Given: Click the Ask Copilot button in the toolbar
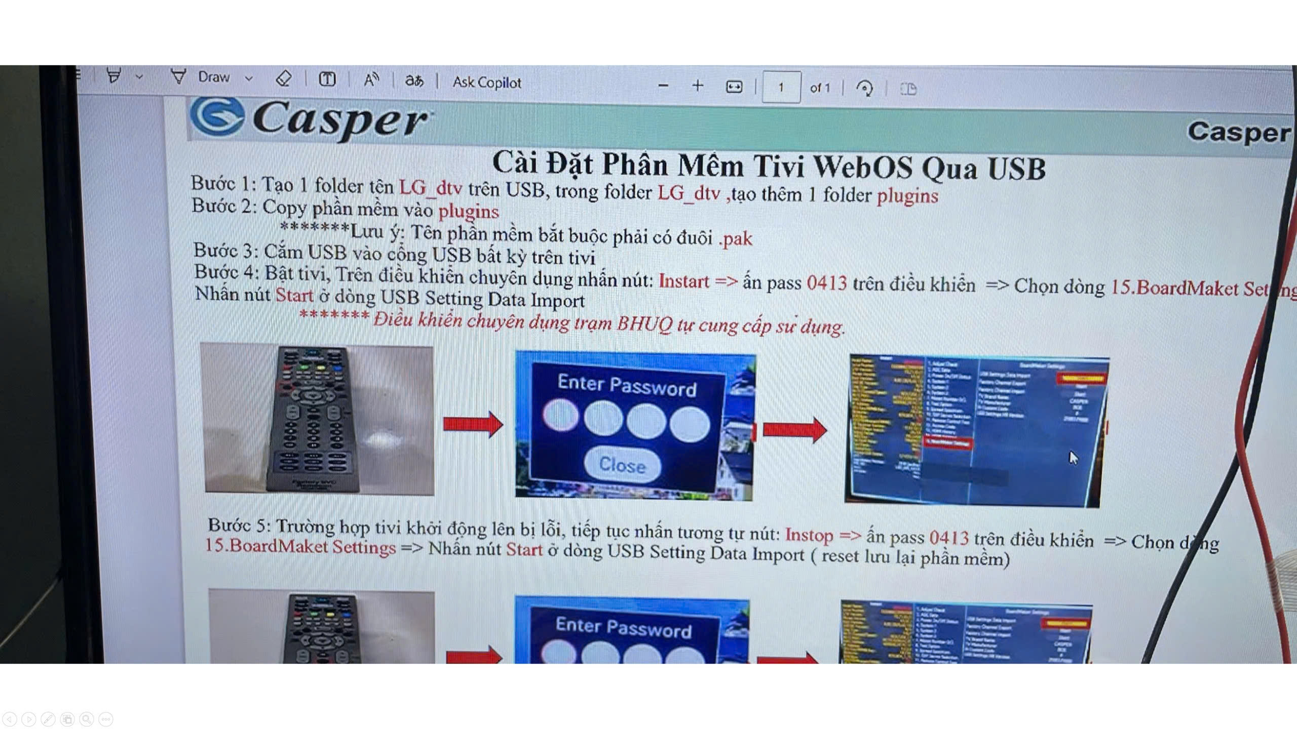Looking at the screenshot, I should point(486,82).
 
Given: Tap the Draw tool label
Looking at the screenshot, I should point(213,77).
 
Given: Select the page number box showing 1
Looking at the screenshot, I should point(781,88).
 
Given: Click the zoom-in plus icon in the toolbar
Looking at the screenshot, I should point(698,86).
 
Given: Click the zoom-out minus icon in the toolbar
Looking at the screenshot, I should point(663,86).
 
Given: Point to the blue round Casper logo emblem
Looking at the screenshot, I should point(217,117).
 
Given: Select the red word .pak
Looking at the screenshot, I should point(736,238).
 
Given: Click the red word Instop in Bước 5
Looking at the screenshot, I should point(809,535).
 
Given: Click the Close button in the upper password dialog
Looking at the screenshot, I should point(622,464).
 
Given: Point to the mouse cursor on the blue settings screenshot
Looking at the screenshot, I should point(1073,458).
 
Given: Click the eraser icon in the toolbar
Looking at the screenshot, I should point(284,78).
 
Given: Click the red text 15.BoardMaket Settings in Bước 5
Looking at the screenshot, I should point(300,547).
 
